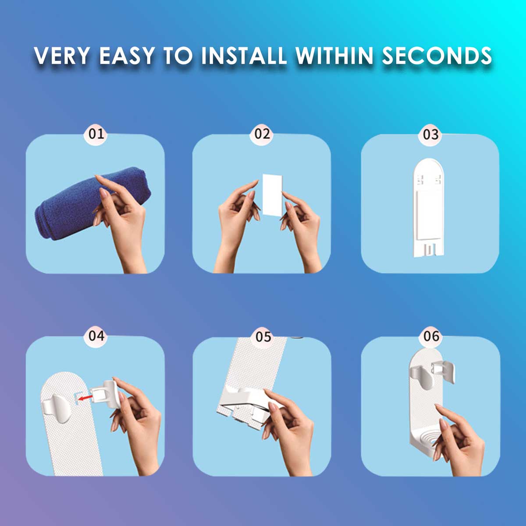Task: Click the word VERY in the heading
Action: coord(62,55)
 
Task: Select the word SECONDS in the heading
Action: coord(437,55)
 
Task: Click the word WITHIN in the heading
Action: coord(334,55)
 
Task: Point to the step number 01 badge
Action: coord(96,134)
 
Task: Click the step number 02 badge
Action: coord(262,134)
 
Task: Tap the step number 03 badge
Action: coord(430,134)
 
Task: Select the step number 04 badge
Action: coord(96,336)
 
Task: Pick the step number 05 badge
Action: coord(263,337)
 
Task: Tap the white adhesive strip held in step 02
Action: coord(272,195)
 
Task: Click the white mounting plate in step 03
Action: coord(428,207)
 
